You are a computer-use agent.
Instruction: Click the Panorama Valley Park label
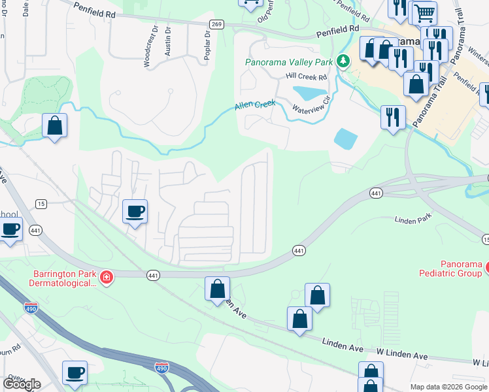(x=290, y=63)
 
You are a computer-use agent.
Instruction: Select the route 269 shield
(x=217, y=24)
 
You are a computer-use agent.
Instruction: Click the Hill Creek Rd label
(x=306, y=76)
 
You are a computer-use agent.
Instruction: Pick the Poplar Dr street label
(x=207, y=46)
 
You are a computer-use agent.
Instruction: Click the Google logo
(x=22, y=384)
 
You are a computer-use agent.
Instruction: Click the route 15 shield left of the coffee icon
(x=41, y=204)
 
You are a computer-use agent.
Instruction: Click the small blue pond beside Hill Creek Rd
(x=309, y=92)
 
